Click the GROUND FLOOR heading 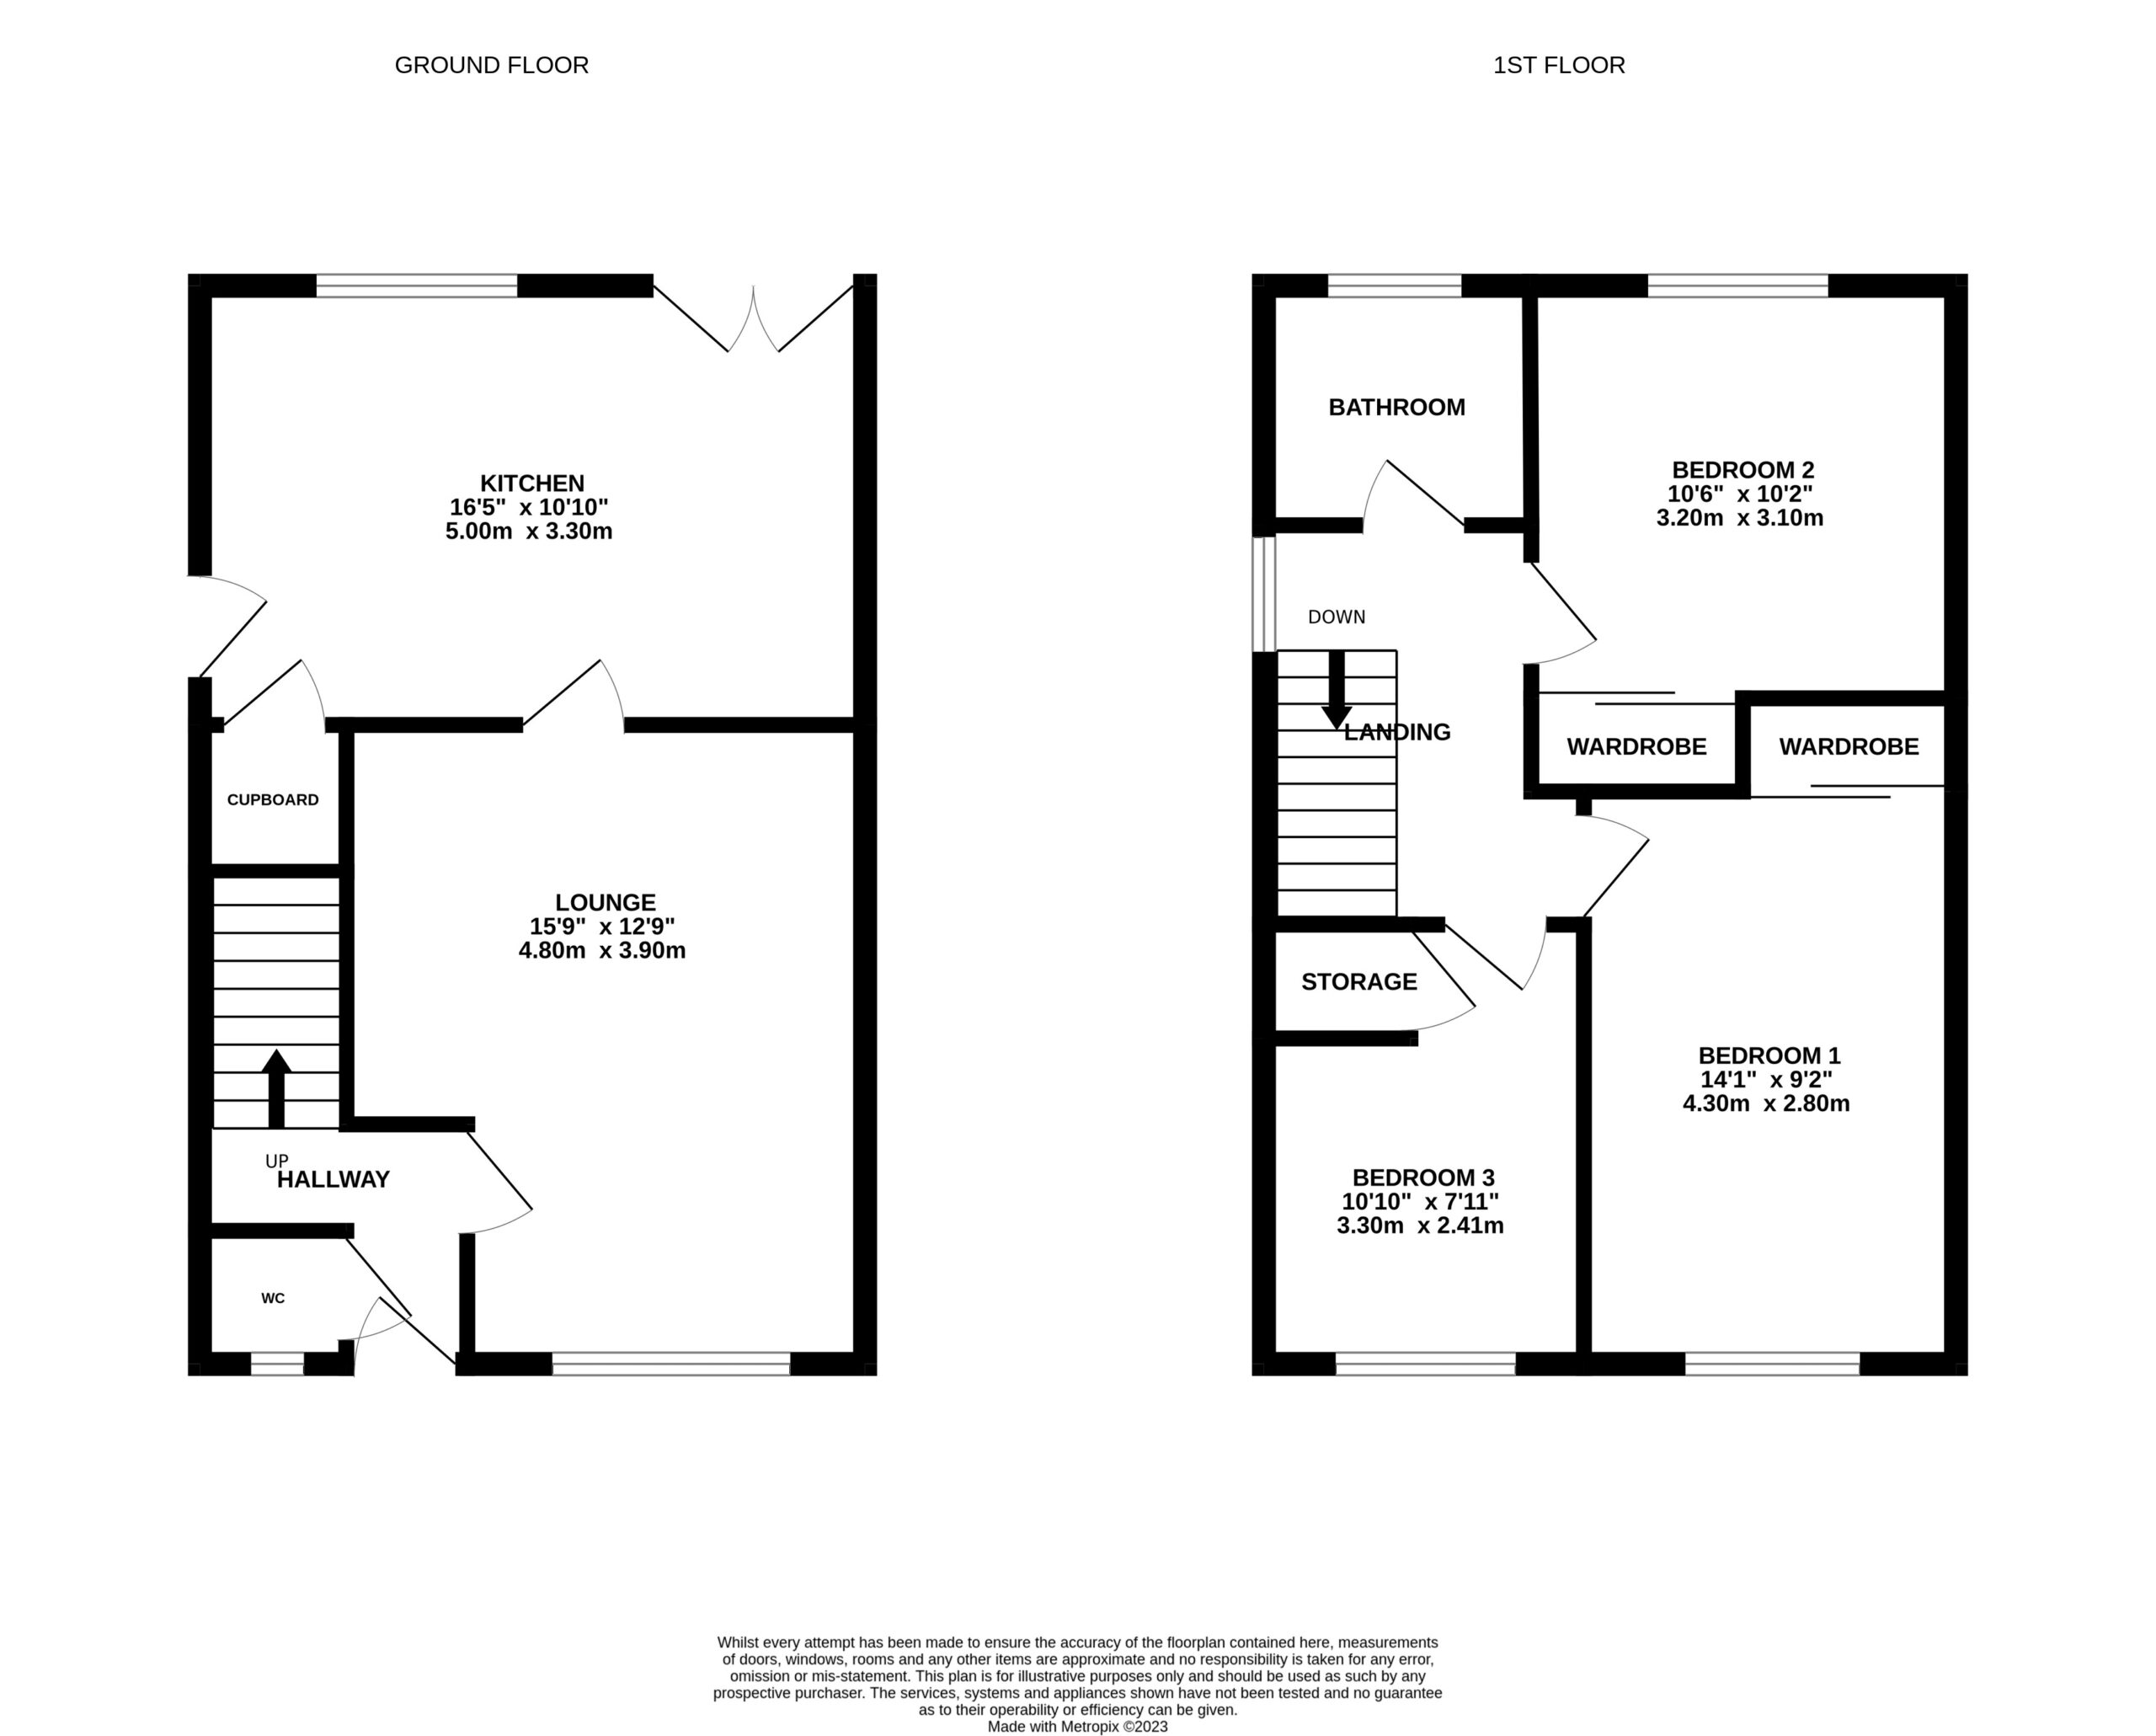(491, 66)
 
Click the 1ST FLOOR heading (1558, 66)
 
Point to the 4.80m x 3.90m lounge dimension (601, 951)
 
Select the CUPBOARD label (272, 800)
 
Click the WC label (272, 1299)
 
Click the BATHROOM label (1396, 408)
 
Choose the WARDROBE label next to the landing (1636, 747)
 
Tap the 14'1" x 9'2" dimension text (1768, 1080)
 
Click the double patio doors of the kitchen (753, 318)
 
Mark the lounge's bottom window (671, 1364)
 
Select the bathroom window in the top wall (1394, 287)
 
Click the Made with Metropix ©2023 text (1077, 1726)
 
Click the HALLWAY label (333, 1180)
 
